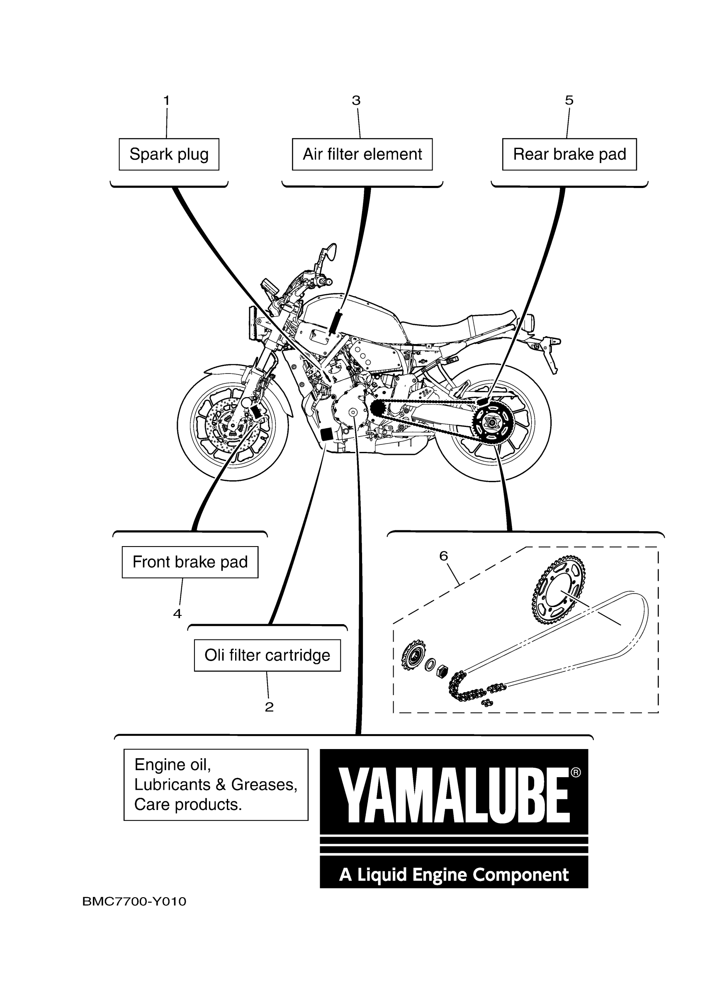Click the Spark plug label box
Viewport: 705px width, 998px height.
[x=169, y=154]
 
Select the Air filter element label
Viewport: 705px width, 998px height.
[x=362, y=154]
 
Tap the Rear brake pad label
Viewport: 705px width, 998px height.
[x=569, y=154]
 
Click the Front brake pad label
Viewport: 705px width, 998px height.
[x=190, y=562]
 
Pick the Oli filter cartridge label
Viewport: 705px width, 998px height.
[x=267, y=655]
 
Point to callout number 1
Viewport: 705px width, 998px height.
[x=166, y=100]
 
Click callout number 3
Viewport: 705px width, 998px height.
[x=356, y=100]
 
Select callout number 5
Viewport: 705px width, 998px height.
[x=569, y=100]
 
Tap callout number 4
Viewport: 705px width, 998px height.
[x=177, y=614]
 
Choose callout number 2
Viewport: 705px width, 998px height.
[x=269, y=707]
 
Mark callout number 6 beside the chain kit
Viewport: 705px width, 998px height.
[x=443, y=556]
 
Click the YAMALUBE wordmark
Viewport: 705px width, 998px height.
[x=454, y=796]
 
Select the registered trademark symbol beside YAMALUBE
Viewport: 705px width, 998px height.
[x=576, y=772]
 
